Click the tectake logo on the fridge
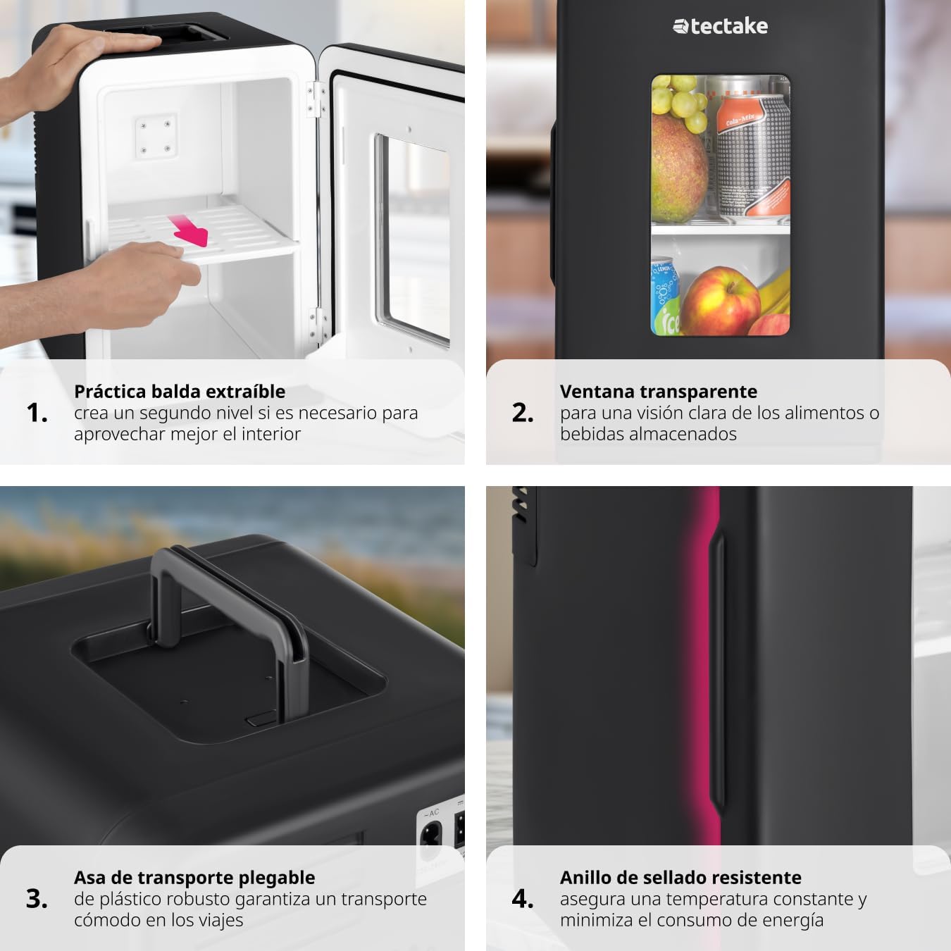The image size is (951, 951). click(720, 26)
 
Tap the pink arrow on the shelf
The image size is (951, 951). click(189, 230)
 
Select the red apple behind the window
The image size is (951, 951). click(721, 301)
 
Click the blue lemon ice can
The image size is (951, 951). click(664, 297)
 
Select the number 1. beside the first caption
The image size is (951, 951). click(37, 413)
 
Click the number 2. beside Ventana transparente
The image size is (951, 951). click(523, 413)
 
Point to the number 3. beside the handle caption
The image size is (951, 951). click(37, 899)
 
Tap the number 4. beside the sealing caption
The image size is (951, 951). click(523, 899)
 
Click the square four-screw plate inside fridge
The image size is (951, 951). click(156, 136)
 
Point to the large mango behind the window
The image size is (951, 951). click(678, 168)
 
